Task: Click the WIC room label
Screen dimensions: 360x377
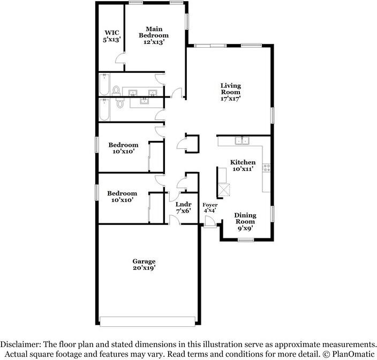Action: click(112, 32)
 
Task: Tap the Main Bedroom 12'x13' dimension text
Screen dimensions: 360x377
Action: click(153, 42)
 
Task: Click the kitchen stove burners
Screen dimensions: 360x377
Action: click(266, 169)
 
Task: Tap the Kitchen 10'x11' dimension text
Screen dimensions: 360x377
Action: click(243, 169)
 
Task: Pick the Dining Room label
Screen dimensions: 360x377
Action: click(245, 218)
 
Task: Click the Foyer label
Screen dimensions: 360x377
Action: click(209, 205)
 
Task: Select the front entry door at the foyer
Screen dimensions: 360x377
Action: click(210, 224)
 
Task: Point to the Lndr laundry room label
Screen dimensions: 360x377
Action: click(184, 204)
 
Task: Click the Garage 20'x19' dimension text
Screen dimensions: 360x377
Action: click(144, 268)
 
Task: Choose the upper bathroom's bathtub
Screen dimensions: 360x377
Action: click(104, 85)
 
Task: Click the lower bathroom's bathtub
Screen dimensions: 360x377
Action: click(104, 110)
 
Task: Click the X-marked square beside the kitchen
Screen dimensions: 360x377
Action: click(223, 190)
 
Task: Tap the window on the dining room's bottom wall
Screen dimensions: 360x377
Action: click(245, 240)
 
